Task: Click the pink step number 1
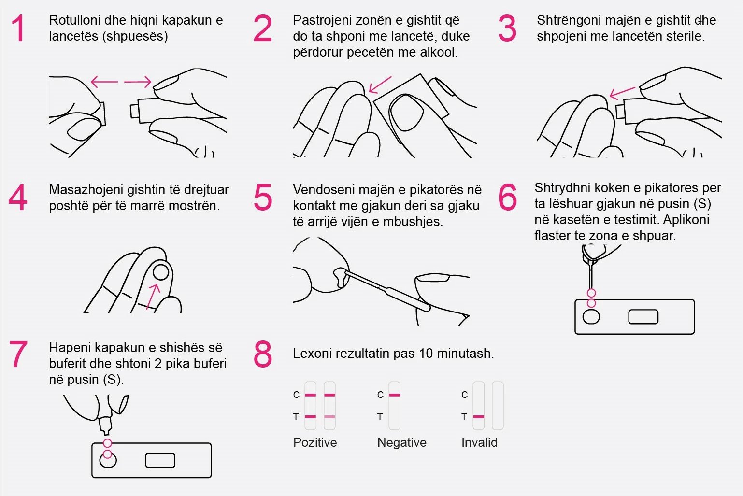pos(18,28)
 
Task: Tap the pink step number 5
pos(263,197)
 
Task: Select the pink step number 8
pos(263,354)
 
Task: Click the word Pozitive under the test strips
pos(315,442)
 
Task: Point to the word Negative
pos(401,442)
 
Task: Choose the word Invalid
pos(479,442)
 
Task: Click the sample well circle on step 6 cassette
pos(591,317)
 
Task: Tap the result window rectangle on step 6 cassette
pos(643,317)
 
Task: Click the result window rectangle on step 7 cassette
pos(160,460)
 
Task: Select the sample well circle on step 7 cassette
pos(108,461)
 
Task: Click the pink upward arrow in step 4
pos(153,297)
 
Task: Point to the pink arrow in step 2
pos(380,85)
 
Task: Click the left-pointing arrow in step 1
pos(104,82)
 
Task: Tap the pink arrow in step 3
pos(622,93)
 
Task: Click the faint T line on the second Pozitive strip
pos(329,416)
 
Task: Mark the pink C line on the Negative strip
pos(394,395)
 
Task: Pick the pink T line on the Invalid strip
pos(478,416)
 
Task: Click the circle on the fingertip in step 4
pos(161,273)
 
